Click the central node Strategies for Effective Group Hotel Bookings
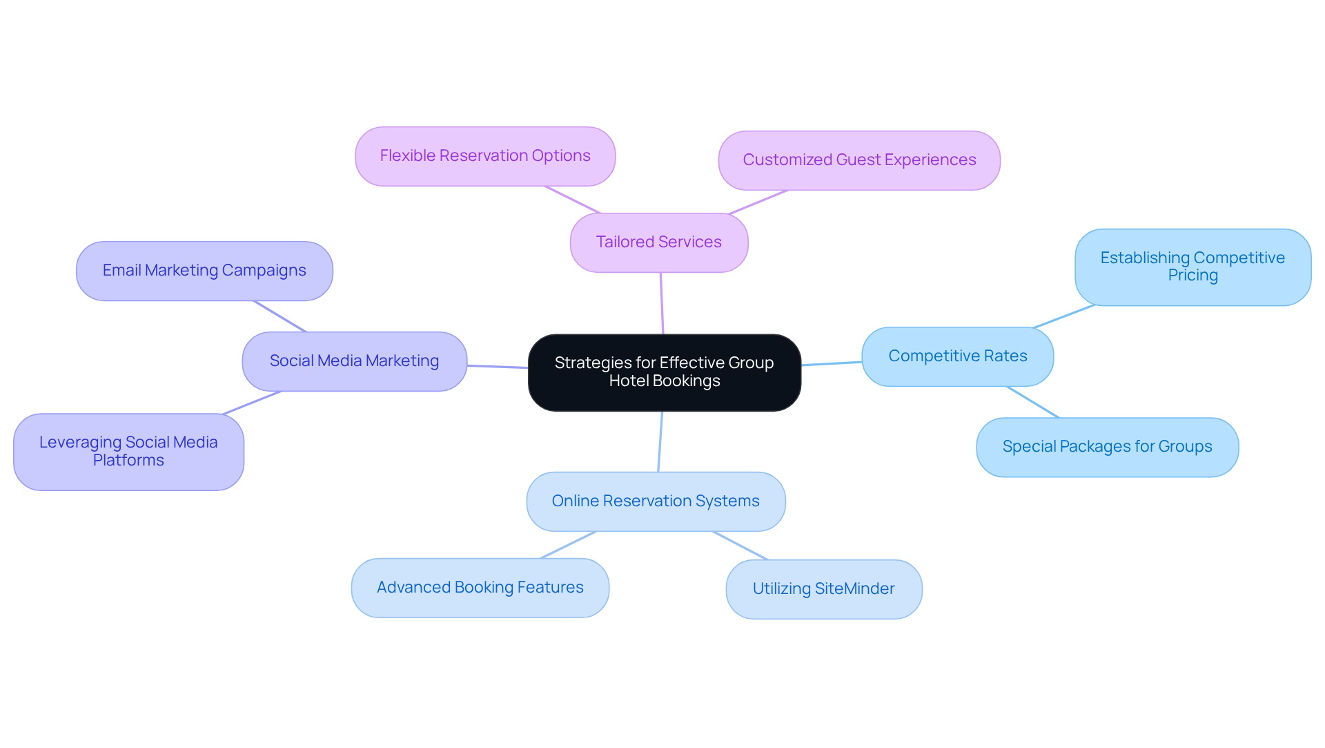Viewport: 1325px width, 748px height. pyautogui.click(x=664, y=372)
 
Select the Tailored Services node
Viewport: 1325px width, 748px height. pyautogui.click(x=659, y=242)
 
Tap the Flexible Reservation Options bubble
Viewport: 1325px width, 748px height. pyautogui.click(x=485, y=156)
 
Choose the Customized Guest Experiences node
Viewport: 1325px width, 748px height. pyautogui.click(x=859, y=160)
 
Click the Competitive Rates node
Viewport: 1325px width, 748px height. pyautogui.click(x=957, y=356)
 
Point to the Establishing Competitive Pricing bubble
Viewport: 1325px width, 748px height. pyautogui.click(x=1192, y=267)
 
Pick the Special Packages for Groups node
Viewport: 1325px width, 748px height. pyautogui.click(x=1107, y=447)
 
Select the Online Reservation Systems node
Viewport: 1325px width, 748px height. pyautogui.click(x=656, y=501)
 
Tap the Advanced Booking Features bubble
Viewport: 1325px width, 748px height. pyautogui.click(x=480, y=588)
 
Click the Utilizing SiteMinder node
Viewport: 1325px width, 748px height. pyautogui.click(x=823, y=589)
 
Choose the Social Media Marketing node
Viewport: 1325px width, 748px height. pyautogui.click(x=354, y=361)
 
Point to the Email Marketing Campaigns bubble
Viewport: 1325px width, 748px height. pyautogui.click(x=204, y=271)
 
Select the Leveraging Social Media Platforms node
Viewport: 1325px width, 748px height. pyautogui.click(x=128, y=452)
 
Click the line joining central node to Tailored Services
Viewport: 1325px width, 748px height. pyautogui.click(x=662, y=303)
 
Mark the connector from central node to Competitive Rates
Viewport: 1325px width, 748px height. pyautogui.click(x=832, y=363)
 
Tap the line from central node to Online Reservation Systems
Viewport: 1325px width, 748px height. pyautogui.click(x=660, y=442)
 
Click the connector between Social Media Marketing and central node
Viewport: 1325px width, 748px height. pyautogui.click(x=498, y=367)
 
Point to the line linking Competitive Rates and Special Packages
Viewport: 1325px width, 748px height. pyautogui.click(x=1032, y=402)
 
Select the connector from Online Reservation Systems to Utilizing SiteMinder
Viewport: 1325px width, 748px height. pyautogui.click(x=740, y=546)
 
